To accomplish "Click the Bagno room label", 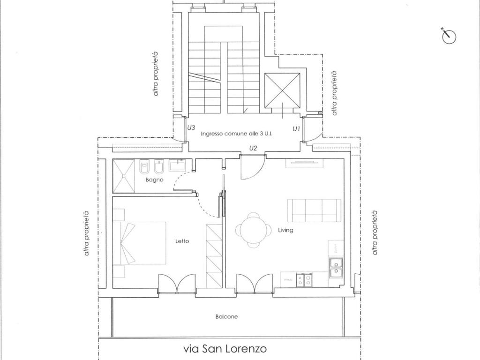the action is [x=154, y=180].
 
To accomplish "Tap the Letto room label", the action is [x=182, y=241].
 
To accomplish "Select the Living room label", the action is [x=285, y=230].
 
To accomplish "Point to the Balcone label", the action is [x=226, y=316].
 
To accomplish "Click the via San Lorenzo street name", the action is [x=225, y=349].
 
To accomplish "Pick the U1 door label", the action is [x=296, y=128].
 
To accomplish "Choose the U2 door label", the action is [x=253, y=148].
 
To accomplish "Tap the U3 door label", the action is [x=191, y=128].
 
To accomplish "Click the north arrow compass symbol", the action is [x=449, y=36].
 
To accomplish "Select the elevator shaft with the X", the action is [x=282, y=91].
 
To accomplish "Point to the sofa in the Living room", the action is [x=314, y=210].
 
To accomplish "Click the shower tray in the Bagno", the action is [x=124, y=176].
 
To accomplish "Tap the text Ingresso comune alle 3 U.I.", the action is [x=237, y=134].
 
